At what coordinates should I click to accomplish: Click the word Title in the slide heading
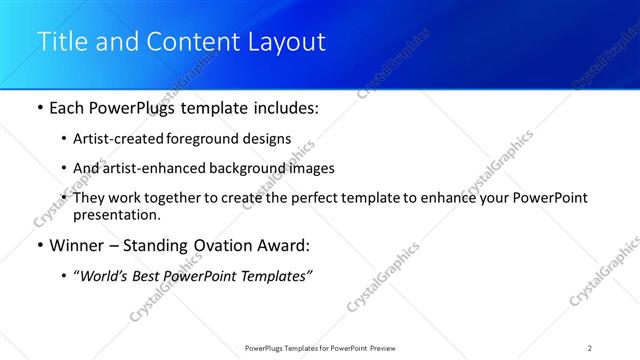coord(61,42)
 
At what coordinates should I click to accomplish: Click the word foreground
coord(204,139)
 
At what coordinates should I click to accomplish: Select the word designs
coord(265,139)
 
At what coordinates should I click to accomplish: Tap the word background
coord(243,168)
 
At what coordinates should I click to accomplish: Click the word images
coord(308,168)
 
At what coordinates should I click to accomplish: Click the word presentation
coord(115,214)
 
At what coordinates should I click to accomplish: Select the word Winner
coord(76,246)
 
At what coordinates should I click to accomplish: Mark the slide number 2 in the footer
coord(590,348)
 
